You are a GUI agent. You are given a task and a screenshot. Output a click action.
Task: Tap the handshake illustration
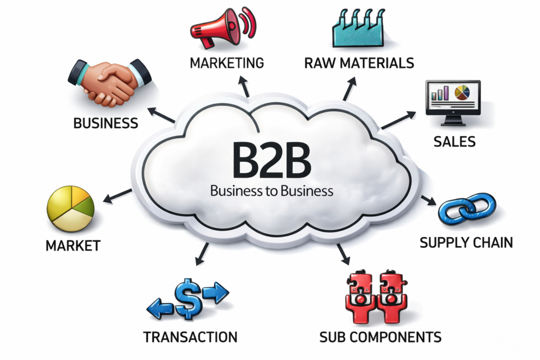[x=110, y=82]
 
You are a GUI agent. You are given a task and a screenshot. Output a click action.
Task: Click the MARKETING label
[x=226, y=63]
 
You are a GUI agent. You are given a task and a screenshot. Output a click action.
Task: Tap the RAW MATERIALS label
[x=359, y=63]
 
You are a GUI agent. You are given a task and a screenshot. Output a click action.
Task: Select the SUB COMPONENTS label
[x=380, y=336]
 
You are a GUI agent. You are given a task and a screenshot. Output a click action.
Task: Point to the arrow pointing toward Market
[x=117, y=196]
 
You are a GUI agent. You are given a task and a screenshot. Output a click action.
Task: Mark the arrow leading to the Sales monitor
[x=398, y=120]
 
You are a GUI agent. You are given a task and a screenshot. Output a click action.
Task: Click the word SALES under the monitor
[x=454, y=141]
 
